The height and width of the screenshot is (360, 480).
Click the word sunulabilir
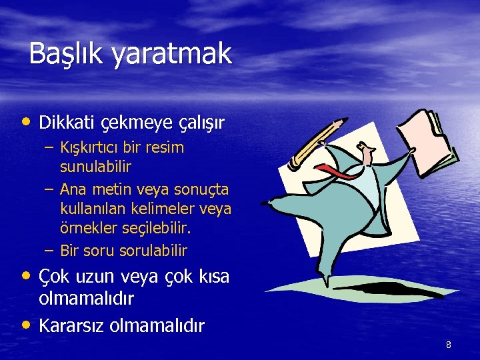point(95,165)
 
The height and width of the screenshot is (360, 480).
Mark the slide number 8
point(449,345)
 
